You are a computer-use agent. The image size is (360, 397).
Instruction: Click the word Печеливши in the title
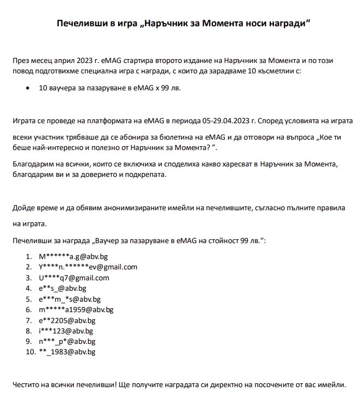[x=79, y=24]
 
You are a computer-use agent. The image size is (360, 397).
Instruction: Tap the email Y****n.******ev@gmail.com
[x=88, y=267]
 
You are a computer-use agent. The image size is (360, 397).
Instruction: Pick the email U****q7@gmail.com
[x=74, y=278]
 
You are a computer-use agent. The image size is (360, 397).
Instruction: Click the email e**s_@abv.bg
[x=62, y=288]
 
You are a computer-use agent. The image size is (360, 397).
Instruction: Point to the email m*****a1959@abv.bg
[x=76, y=309]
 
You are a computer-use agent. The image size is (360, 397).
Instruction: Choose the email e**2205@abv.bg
[x=67, y=320]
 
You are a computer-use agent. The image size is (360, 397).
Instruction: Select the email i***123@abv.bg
[x=66, y=331]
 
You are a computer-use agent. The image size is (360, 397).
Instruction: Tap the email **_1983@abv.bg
[x=67, y=352]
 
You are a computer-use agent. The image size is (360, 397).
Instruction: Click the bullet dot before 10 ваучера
[x=28, y=88]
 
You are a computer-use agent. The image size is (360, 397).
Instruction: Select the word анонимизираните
[x=134, y=208]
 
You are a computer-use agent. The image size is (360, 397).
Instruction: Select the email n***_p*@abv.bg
[x=67, y=342]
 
